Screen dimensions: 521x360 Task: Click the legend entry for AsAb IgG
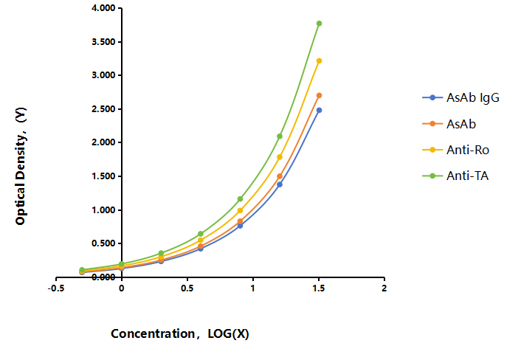461,97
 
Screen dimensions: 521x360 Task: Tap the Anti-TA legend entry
455,176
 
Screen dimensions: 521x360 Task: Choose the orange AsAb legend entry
449,124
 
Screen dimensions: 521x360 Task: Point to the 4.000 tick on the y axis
103,8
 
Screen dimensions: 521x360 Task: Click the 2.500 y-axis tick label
103,109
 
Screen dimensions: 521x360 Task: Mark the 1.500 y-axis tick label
103,176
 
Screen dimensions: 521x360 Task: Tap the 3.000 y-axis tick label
103,75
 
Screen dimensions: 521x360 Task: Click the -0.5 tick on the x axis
56,288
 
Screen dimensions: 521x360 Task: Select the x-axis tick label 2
384,288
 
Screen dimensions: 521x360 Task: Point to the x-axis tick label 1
253,288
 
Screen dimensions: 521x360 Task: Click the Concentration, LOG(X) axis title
180,333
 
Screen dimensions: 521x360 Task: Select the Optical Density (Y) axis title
21,166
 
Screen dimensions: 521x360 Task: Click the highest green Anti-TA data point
319,24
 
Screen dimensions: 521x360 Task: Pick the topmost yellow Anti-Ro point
319,60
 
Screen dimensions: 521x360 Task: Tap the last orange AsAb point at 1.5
319,95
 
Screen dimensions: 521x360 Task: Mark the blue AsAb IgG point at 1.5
319,110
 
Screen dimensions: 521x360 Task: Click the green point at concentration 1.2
280,136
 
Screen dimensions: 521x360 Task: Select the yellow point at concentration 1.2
280,156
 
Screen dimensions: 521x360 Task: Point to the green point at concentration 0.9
240,199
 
